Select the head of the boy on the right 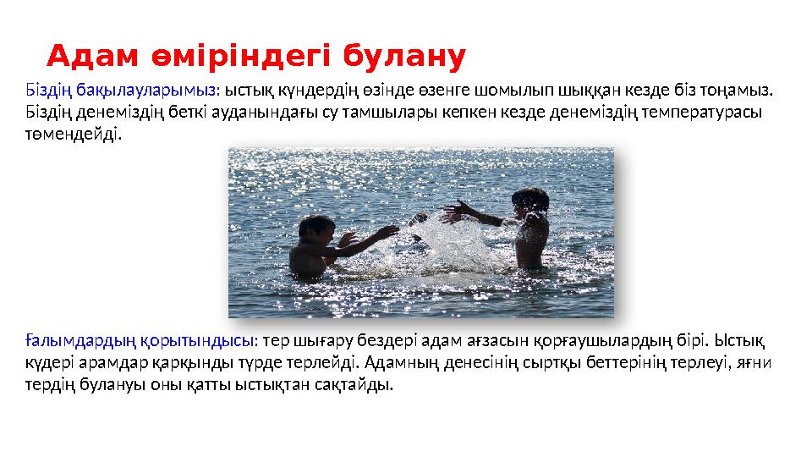tap(530, 201)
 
